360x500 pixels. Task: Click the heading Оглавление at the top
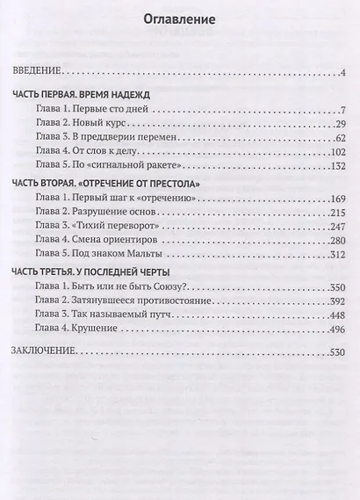tap(179, 18)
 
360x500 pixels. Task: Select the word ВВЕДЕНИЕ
tap(37, 73)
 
